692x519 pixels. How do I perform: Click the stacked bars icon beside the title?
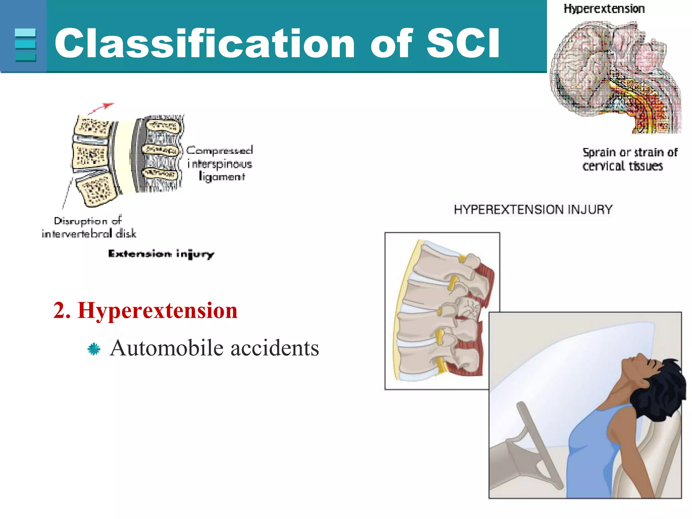(x=25, y=45)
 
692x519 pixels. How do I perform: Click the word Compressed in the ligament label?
(x=220, y=150)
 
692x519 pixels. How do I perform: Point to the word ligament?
(x=222, y=177)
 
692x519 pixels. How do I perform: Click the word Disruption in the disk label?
(x=80, y=221)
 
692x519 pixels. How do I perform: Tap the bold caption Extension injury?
(x=161, y=254)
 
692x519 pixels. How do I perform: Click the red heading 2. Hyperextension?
(x=146, y=310)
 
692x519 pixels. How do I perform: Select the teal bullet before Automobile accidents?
(x=94, y=349)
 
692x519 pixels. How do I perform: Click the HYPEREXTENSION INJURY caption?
(x=533, y=209)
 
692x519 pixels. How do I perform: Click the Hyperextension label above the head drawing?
(x=604, y=9)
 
